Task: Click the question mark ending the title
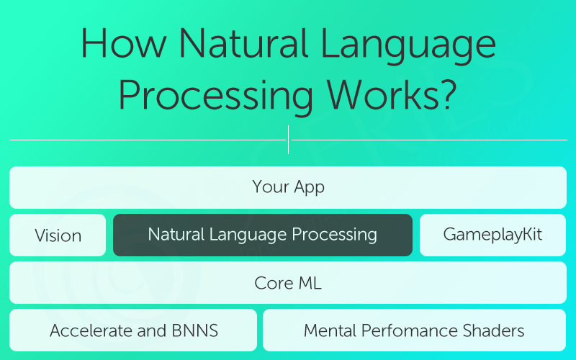pyautogui.click(x=448, y=94)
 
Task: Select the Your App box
pyautogui.click(x=288, y=187)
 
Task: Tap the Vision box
pyautogui.click(x=58, y=235)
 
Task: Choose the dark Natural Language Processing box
pyautogui.click(x=263, y=235)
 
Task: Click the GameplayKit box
pyautogui.click(x=492, y=235)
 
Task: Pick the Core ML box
pyautogui.click(x=288, y=283)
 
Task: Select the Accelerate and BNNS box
pyautogui.click(x=133, y=330)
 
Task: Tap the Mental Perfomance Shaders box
pyautogui.click(x=414, y=330)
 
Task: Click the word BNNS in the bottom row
pyautogui.click(x=194, y=331)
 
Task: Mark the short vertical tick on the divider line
pyautogui.click(x=288, y=140)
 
